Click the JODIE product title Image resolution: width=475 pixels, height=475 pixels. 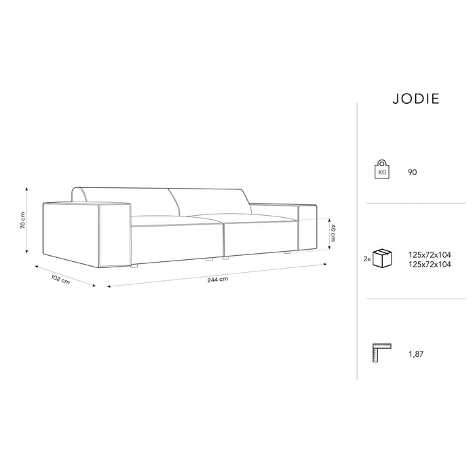[x=415, y=98]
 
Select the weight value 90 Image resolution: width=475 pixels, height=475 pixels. [x=413, y=172]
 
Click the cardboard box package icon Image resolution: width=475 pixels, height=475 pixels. [x=385, y=259]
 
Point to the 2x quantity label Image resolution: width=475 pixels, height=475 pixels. [x=366, y=259]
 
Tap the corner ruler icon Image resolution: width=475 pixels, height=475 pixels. [x=381, y=354]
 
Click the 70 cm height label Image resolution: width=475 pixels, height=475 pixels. [x=22, y=220]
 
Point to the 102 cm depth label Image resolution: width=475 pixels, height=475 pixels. [x=60, y=279]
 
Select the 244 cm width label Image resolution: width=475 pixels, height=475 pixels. [x=218, y=279]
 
